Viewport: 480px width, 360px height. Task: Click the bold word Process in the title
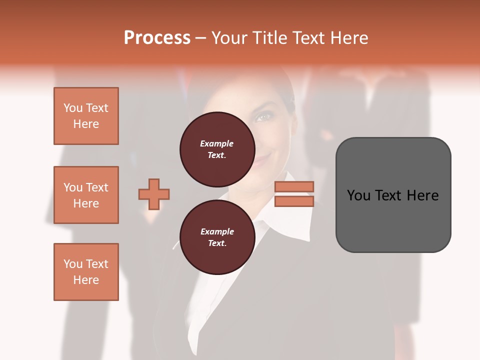coord(157,38)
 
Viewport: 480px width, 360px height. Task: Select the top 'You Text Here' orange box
coord(86,116)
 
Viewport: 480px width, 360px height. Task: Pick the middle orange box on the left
coord(86,195)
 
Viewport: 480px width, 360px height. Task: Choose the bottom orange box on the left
coord(86,272)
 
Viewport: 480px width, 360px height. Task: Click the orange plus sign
coord(154,194)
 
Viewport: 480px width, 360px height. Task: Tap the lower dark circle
coord(217,237)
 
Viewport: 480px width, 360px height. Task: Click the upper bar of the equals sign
coord(294,186)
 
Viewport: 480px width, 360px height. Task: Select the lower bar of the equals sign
coord(294,201)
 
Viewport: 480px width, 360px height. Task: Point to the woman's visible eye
coord(264,117)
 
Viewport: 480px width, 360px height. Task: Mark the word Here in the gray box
coord(422,195)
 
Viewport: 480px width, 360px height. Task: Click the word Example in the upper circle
coord(217,143)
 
